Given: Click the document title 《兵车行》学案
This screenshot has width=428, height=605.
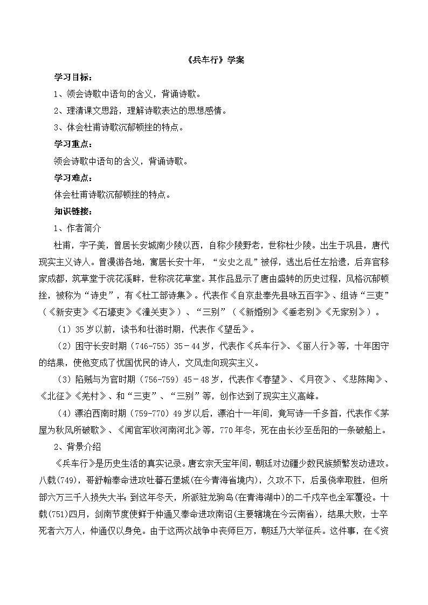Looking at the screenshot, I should pyautogui.click(x=213, y=60).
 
